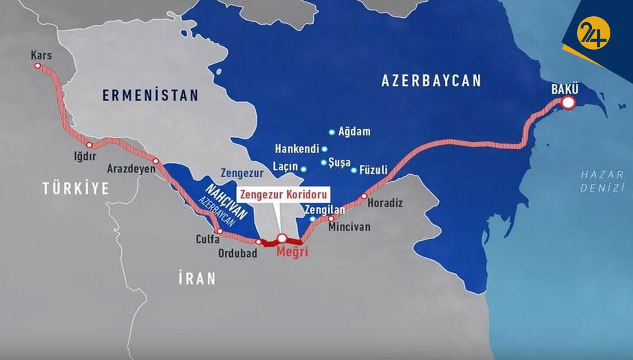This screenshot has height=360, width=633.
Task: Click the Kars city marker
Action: (37, 66)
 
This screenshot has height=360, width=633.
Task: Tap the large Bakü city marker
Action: (568, 103)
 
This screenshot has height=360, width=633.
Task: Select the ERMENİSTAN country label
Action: (150, 95)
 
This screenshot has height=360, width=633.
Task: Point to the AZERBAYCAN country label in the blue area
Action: (431, 81)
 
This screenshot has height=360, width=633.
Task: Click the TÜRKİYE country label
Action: (76, 188)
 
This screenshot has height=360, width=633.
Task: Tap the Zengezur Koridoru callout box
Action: (284, 193)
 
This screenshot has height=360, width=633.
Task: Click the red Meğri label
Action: (292, 252)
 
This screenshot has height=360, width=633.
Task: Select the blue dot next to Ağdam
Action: (332, 132)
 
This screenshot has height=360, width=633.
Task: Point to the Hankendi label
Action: (297, 149)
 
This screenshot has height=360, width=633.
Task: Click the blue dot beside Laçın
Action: (303, 169)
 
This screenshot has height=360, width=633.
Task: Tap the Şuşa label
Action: (339, 163)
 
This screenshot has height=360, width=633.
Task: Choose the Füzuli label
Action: (373, 170)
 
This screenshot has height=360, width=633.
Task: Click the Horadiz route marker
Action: (364, 196)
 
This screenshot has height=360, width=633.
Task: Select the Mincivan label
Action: (349, 228)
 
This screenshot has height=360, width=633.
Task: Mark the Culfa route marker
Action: (220, 231)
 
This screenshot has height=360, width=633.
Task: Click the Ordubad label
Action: (237, 254)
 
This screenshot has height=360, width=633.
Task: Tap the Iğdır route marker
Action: (90, 145)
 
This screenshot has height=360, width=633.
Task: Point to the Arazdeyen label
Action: (131, 169)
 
